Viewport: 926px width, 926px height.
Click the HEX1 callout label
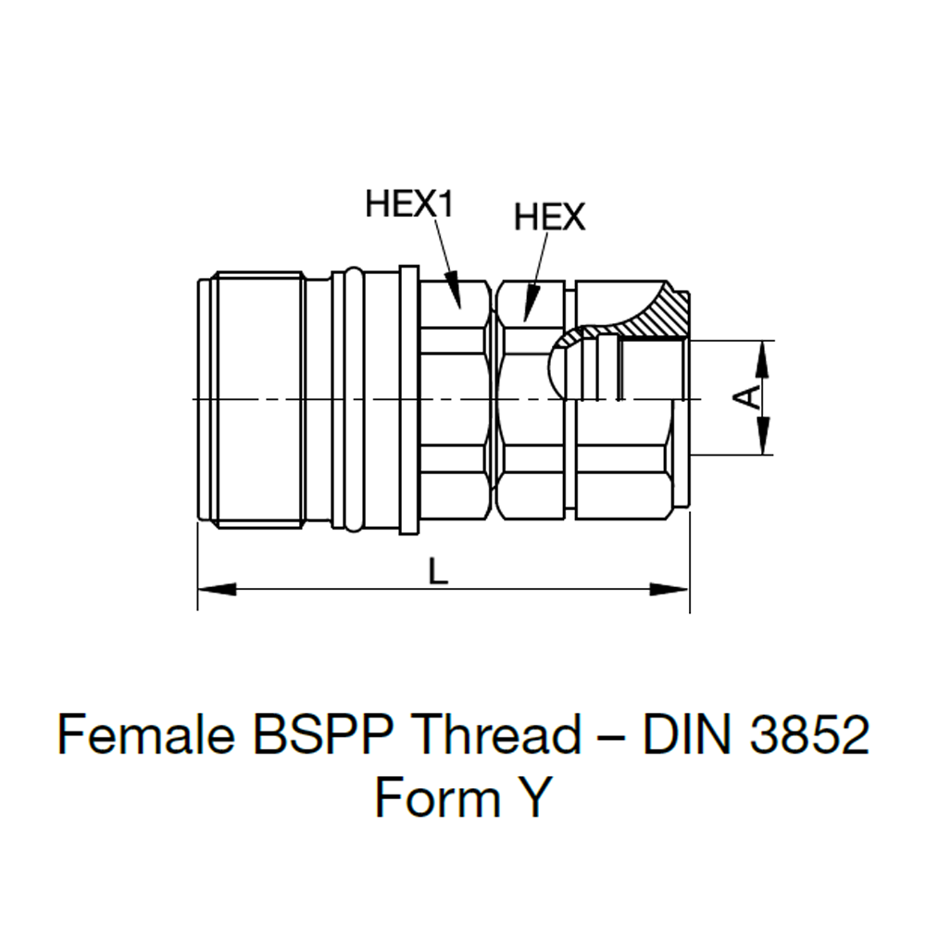tap(410, 203)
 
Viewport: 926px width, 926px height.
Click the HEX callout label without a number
tap(550, 218)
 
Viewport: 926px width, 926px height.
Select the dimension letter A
tap(748, 398)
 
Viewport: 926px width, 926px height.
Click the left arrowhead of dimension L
tap(218, 589)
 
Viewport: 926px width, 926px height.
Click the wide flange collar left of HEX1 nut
tap(408, 398)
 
